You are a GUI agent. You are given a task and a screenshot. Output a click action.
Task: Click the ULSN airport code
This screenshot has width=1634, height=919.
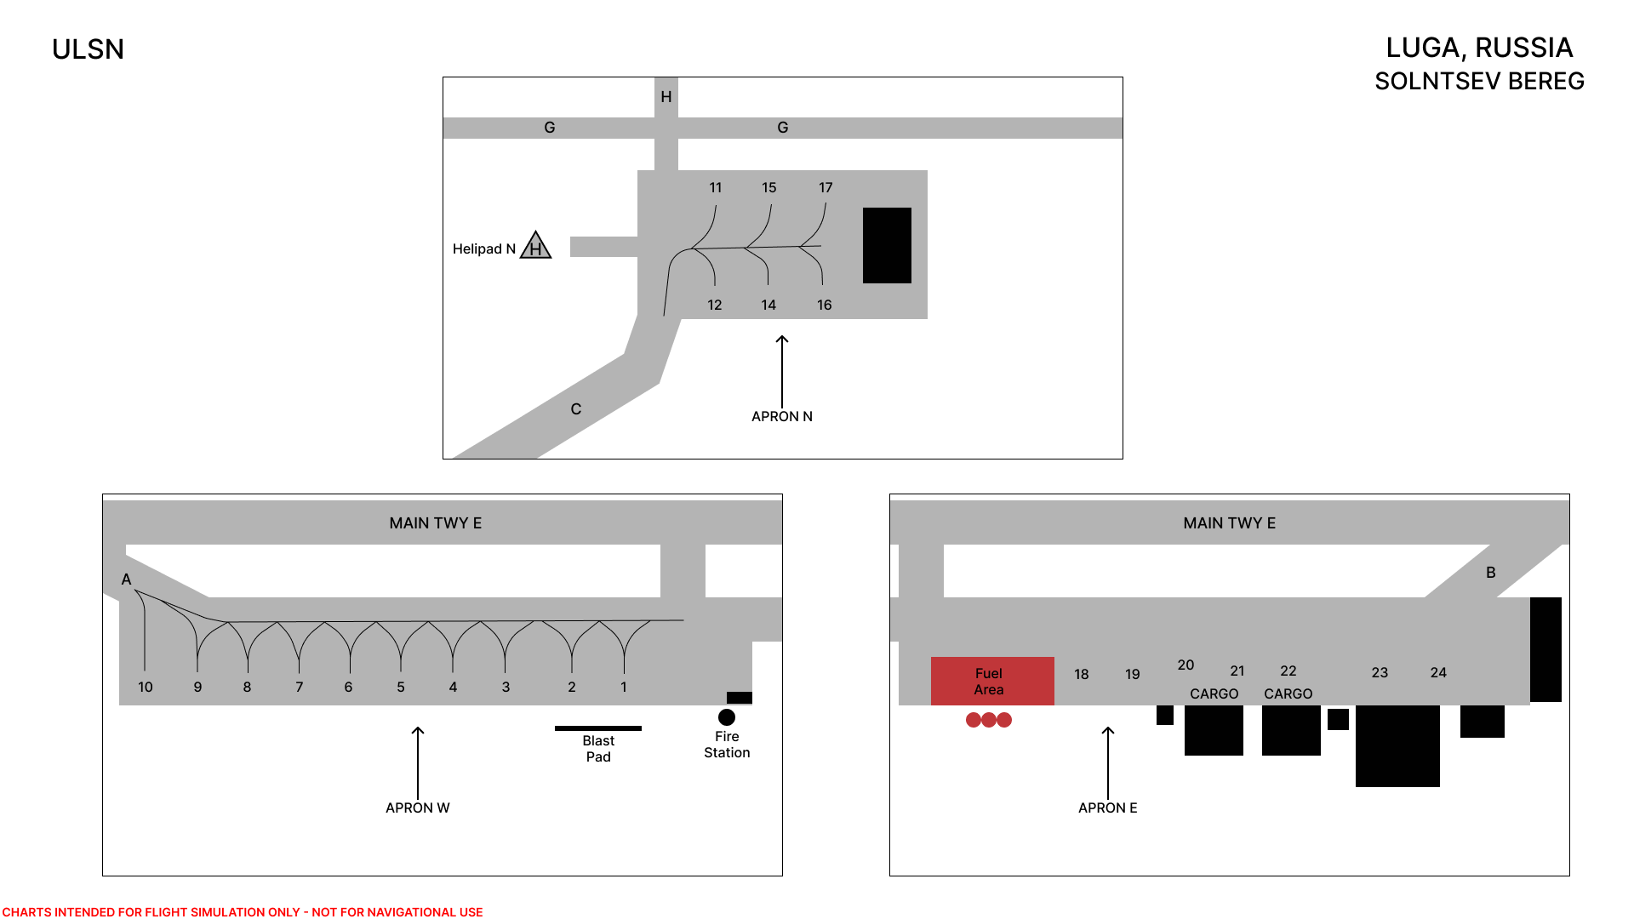(x=88, y=49)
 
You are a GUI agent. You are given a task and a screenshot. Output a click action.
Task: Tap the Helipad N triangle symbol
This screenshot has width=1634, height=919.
(x=535, y=245)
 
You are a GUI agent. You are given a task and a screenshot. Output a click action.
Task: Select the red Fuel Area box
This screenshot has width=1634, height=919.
(x=992, y=681)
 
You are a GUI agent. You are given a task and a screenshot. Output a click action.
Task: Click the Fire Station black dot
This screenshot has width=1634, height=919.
(x=727, y=717)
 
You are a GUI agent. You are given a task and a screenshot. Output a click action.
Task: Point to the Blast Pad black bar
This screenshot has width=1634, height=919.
(x=598, y=728)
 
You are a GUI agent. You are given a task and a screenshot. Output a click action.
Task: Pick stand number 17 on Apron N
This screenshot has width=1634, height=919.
(x=826, y=187)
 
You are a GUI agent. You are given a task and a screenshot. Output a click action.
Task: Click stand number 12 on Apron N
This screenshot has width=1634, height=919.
(x=715, y=305)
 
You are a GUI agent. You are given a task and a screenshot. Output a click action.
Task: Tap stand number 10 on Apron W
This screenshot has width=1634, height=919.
(x=146, y=687)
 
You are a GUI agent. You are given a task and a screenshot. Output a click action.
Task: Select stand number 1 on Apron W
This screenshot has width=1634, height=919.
(x=624, y=687)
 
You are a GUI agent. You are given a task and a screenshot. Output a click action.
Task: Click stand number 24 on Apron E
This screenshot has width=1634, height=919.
(x=1438, y=672)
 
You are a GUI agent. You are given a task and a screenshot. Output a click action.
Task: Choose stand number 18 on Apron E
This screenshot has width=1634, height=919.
(x=1082, y=674)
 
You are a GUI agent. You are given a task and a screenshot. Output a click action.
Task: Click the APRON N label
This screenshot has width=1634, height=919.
(x=782, y=416)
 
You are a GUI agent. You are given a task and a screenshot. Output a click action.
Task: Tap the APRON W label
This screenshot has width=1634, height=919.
(x=418, y=808)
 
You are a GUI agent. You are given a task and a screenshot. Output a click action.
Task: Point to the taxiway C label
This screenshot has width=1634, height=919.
(x=576, y=409)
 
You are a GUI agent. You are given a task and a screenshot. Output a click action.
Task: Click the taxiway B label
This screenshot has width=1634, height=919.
(x=1491, y=573)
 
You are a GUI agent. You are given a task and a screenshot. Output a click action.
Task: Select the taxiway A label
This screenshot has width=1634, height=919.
(x=126, y=579)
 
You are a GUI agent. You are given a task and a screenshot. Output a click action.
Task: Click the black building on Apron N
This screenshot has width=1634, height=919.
(x=887, y=245)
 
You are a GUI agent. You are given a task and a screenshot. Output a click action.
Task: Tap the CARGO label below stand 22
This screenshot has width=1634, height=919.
(x=1288, y=694)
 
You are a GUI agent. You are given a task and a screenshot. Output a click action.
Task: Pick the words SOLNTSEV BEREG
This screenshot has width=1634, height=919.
(x=1480, y=81)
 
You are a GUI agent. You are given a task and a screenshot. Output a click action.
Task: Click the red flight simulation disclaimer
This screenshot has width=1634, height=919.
(x=243, y=912)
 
